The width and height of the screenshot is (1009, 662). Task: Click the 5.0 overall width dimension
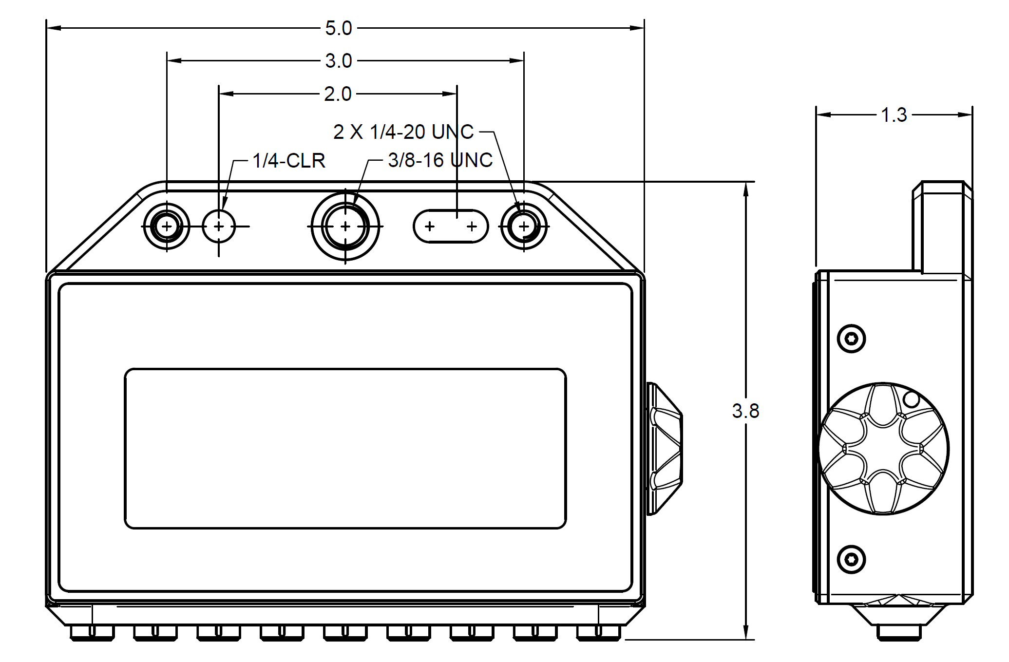click(x=339, y=29)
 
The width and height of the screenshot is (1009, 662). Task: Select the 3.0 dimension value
click(x=339, y=61)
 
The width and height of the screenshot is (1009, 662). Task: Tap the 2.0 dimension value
click(x=338, y=94)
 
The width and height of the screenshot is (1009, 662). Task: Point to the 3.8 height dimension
click(x=745, y=411)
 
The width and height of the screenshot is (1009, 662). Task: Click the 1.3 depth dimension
click(x=894, y=115)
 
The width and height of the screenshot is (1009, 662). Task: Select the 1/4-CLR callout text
click(x=289, y=161)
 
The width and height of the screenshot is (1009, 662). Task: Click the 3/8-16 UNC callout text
click(x=440, y=160)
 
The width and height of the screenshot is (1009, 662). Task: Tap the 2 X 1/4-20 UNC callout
click(x=403, y=132)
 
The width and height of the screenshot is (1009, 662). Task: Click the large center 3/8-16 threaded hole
click(x=345, y=227)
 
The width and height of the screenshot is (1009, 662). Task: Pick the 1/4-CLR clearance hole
click(x=219, y=227)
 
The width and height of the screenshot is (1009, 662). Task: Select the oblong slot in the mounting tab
click(x=451, y=227)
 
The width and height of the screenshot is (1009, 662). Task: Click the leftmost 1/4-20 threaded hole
click(x=167, y=227)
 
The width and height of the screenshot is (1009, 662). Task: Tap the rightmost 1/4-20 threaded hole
click(x=524, y=227)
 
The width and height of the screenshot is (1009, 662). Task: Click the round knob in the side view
click(x=884, y=449)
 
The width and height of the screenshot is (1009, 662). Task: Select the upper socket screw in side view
click(x=851, y=338)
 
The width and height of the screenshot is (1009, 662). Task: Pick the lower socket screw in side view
click(x=851, y=559)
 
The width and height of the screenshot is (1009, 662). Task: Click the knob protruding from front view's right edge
click(x=665, y=449)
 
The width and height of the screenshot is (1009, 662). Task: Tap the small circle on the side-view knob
click(x=911, y=400)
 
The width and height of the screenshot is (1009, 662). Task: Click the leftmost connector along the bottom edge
click(x=92, y=632)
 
